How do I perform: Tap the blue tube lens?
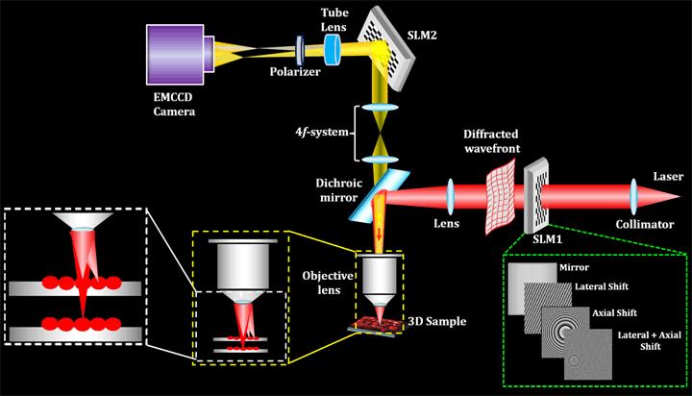click(333, 51)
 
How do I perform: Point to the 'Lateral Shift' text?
click(591, 286)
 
